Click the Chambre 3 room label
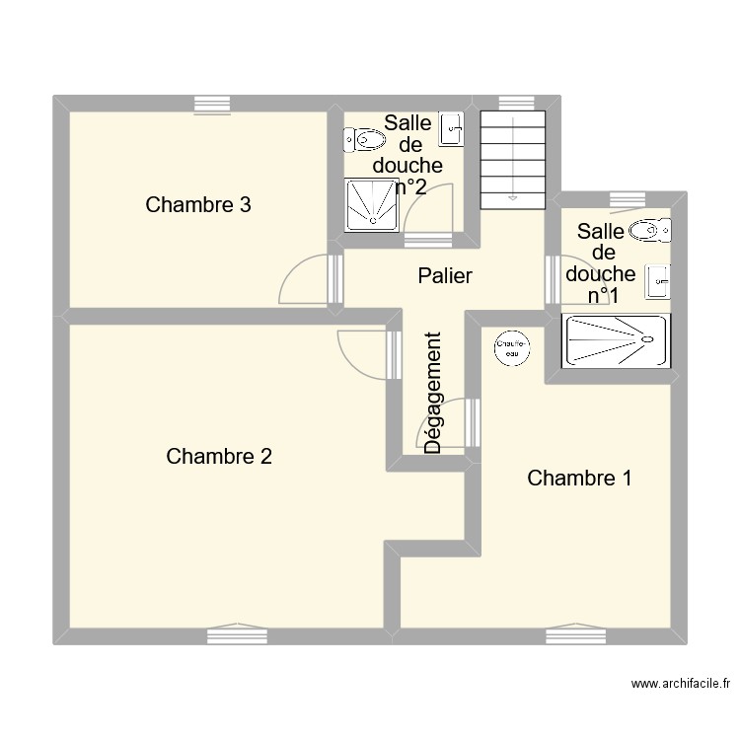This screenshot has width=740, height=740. (197, 205)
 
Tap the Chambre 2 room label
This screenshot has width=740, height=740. (219, 457)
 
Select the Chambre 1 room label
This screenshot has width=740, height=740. (579, 479)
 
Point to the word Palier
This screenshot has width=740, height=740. (444, 276)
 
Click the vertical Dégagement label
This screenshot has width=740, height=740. (432, 393)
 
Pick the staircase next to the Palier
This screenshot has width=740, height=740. (512, 158)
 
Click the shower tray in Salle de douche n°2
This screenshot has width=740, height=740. (373, 205)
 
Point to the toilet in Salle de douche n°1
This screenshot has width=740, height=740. (647, 230)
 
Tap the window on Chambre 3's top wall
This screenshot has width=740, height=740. (212, 103)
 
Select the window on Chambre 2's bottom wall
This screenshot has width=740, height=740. (237, 634)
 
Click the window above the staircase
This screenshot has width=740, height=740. (514, 103)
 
